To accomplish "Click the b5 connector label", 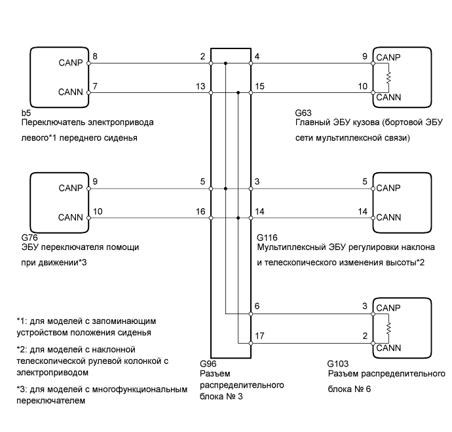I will pos(26,112).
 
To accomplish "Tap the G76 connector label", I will pos(29,238).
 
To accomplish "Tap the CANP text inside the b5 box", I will pos(69,63).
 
